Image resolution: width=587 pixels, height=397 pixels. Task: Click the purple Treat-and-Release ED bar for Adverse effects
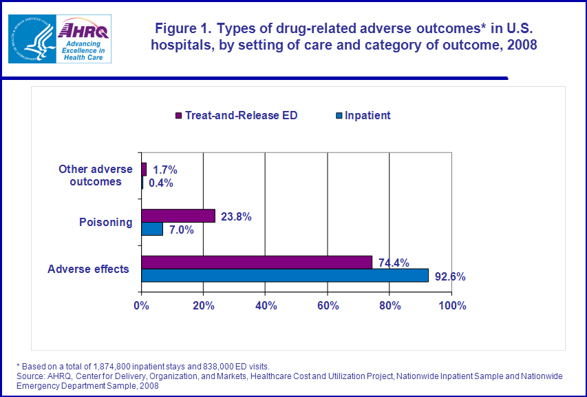[x=256, y=262]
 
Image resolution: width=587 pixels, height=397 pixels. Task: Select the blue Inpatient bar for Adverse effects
[x=284, y=275]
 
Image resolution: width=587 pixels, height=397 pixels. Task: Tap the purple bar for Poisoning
[x=178, y=216]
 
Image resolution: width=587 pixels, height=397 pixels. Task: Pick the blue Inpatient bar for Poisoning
[x=152, y=229]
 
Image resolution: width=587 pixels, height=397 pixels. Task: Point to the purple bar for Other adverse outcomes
[x=144, y=169]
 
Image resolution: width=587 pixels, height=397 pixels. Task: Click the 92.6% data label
[x=450, y=277]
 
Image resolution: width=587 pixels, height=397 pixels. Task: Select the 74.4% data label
[x=394, y=262]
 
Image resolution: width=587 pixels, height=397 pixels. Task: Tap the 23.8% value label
[x=236, y=216]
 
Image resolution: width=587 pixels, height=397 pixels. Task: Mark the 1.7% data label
[x=164, y=170]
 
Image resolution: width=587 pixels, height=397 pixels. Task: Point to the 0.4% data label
[x=160, y=183]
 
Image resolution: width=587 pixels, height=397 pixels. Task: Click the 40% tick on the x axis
[x=266, y=305]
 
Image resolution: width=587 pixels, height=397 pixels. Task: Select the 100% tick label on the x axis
[x=451, y=305]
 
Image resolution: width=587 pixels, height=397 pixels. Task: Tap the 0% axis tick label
[x=141, y=305]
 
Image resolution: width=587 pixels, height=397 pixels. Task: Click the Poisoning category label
[x=105, y=223]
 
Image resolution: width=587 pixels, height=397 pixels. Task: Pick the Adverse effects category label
[x=88, y=269]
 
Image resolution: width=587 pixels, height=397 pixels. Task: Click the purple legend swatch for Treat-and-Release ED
[x=178, y=116]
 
